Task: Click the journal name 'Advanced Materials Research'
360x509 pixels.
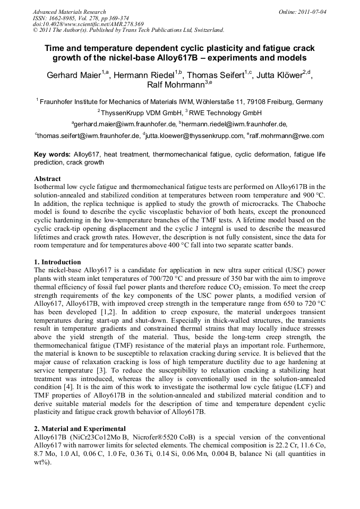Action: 70,12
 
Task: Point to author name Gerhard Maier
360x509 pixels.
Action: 73,75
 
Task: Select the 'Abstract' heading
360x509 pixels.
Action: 47,178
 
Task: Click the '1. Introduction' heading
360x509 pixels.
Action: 57,262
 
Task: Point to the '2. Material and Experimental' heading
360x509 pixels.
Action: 80,429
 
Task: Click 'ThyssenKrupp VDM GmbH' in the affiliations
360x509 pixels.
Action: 141,113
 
